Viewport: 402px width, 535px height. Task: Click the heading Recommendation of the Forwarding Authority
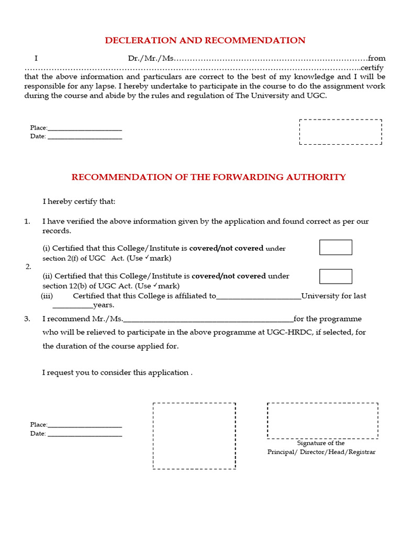point(208,177)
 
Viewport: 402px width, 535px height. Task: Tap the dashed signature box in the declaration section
point(340,132)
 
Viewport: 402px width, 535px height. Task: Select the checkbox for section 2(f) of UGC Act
point(336,247)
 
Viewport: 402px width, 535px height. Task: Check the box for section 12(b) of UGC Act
point(336,276)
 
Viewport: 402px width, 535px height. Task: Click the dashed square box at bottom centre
point(194,436)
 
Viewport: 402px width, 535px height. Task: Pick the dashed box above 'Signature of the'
point(322,421)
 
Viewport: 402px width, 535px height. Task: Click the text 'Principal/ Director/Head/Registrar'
point(321,452)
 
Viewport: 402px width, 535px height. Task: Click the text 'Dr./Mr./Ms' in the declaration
point(150,59)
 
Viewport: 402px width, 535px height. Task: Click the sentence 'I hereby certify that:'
point(79,202)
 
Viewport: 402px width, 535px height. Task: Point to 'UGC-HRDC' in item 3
point(286,332)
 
